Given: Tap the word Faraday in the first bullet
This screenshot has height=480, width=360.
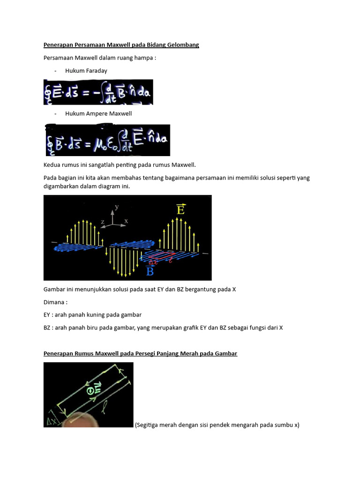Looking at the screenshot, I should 97,71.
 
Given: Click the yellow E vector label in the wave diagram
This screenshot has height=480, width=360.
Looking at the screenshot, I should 180,210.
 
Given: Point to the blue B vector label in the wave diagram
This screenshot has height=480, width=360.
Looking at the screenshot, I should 150,271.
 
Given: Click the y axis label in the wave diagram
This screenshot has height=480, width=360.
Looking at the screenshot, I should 117,206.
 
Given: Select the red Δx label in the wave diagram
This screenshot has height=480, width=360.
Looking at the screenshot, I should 152,262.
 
